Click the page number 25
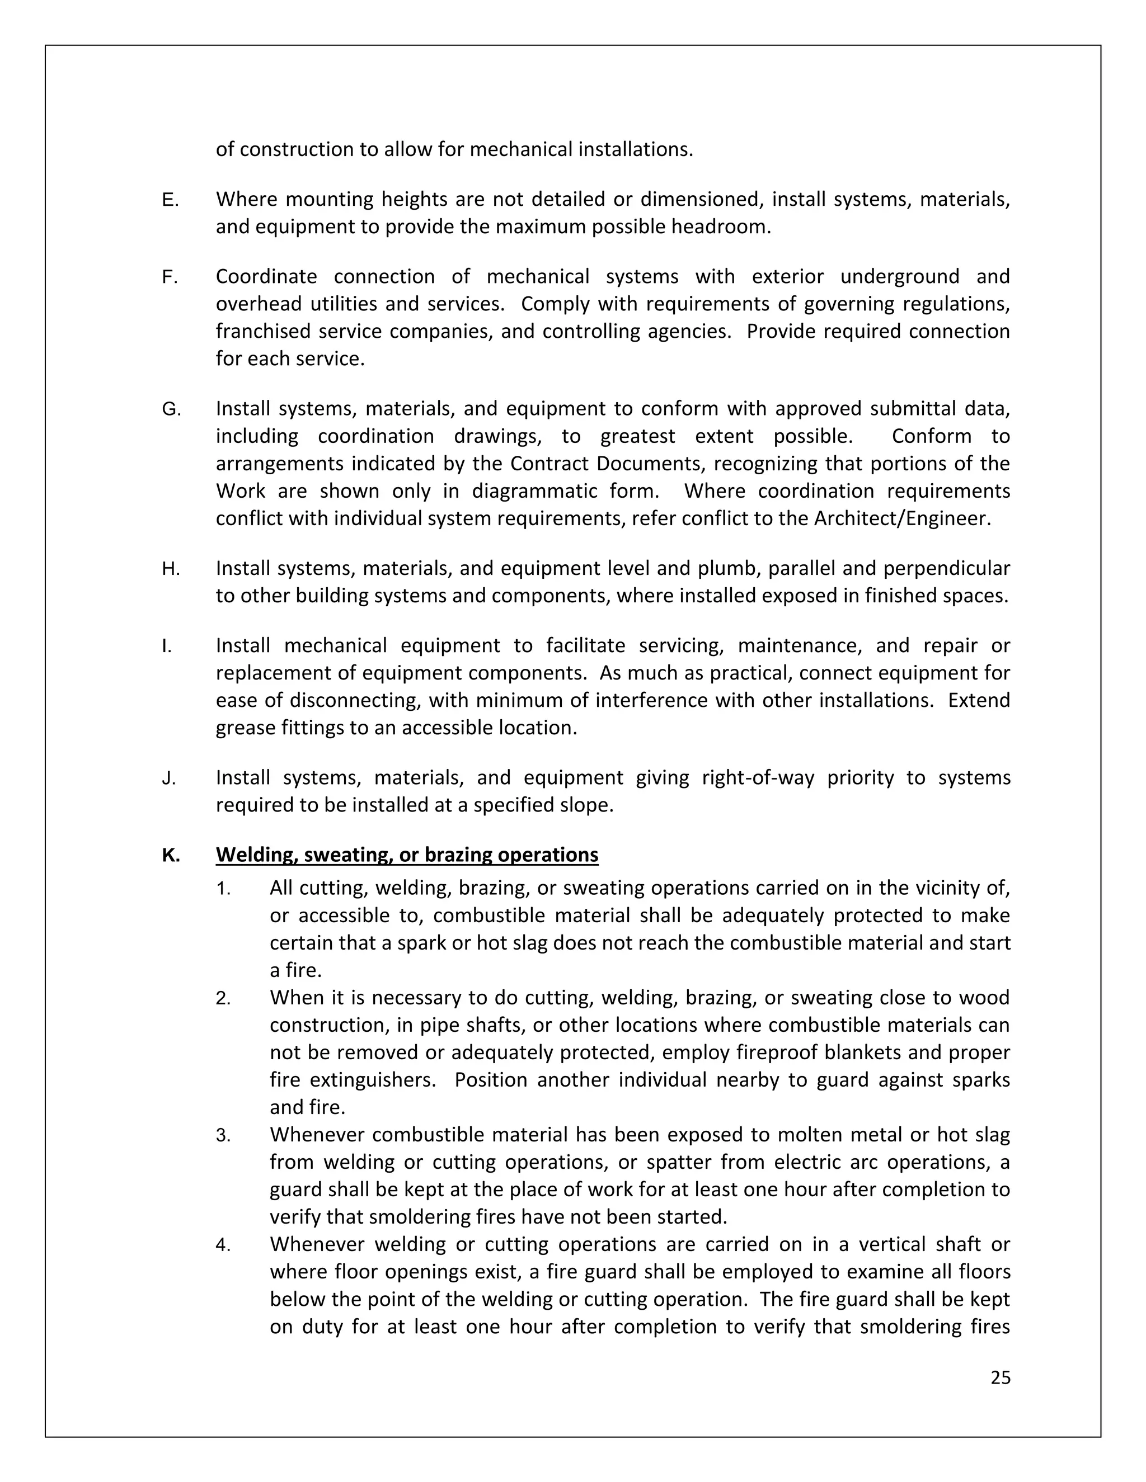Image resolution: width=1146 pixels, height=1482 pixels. pos(1000,1377)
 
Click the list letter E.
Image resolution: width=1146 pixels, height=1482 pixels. pos(170,200)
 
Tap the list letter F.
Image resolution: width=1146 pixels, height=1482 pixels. pos(169,277)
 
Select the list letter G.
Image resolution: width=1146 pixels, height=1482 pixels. pos(171,409)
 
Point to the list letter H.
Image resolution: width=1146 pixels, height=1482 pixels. pos(171,569)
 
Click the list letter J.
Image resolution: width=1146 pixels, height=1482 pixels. pos(168,778)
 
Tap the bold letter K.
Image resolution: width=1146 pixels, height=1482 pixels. pos(171,855)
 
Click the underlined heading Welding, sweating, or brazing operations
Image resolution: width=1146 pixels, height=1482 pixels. pos(407,855)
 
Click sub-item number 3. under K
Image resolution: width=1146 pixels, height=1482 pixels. pos(223,1135)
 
